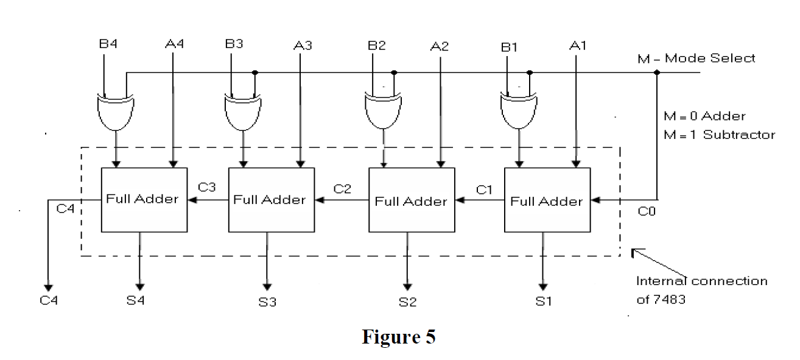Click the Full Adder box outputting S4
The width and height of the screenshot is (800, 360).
[x=142, y=199]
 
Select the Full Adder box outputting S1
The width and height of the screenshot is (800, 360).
[x=546, y=200]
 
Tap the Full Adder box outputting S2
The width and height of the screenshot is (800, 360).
[x=411, y=200]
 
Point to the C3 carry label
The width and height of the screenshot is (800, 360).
[x=207, y=188]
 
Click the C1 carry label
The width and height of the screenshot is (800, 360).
[x=484, y=190]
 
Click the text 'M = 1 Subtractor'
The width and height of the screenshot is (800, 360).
[x=719, y=135]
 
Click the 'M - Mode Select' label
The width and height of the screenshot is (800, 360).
[x=710, y=58]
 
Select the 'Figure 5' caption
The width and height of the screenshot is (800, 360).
[x=399, y=337]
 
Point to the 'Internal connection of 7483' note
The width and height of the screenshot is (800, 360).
[x=701, y=290]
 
